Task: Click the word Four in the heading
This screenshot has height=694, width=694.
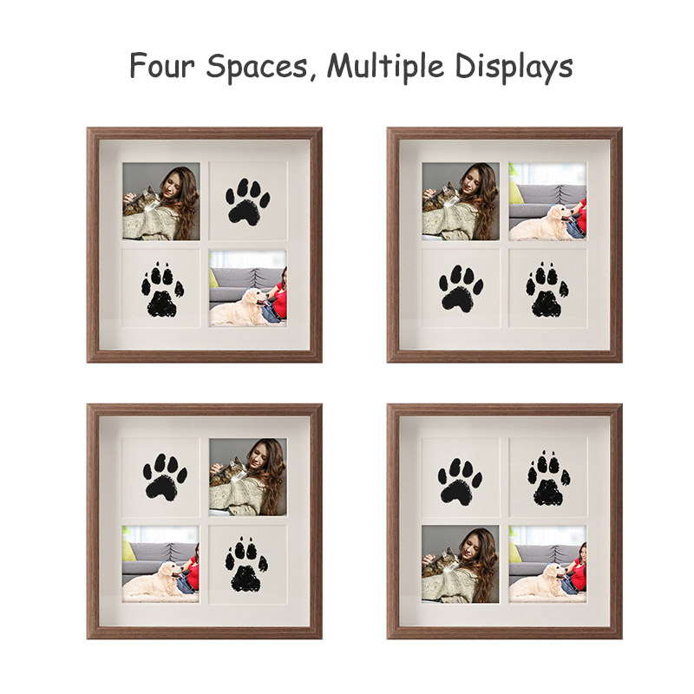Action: click(x=162, y=66)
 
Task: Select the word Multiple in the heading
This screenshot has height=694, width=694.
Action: click(x=385, y=68)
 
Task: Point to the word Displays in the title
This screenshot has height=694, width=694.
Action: click(x=514, y=68)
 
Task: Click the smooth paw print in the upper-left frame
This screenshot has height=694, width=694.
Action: click(x=247, y=202)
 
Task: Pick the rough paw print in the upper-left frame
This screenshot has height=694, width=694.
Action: click(x=162, y=291)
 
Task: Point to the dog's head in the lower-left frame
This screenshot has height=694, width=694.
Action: click(x=169, y=570)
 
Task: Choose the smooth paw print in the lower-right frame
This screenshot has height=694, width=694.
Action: click(x=460, y=481)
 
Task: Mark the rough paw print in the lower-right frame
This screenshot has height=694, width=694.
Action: click(x=548, y=478)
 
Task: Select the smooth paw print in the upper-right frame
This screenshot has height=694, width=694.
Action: click(x=461, y=289)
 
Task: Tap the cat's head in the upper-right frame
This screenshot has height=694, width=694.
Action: click(x=449, y=191)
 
